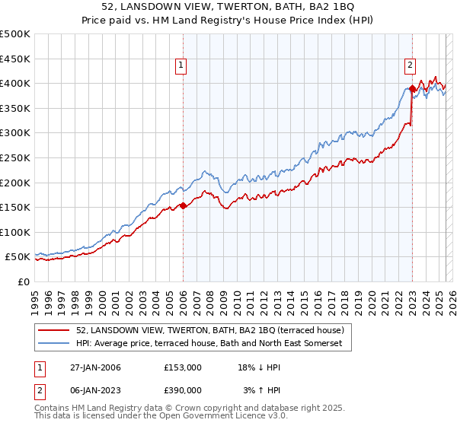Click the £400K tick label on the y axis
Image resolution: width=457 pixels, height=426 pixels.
point(15,83)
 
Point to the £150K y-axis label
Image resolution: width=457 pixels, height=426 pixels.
point(15,207)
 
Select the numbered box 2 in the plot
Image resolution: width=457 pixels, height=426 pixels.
point(410,65)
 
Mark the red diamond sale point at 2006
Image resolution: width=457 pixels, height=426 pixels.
point(183,205)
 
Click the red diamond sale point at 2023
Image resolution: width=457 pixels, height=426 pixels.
point(412,88)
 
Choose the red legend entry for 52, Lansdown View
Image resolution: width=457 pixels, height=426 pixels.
point(210,331)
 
